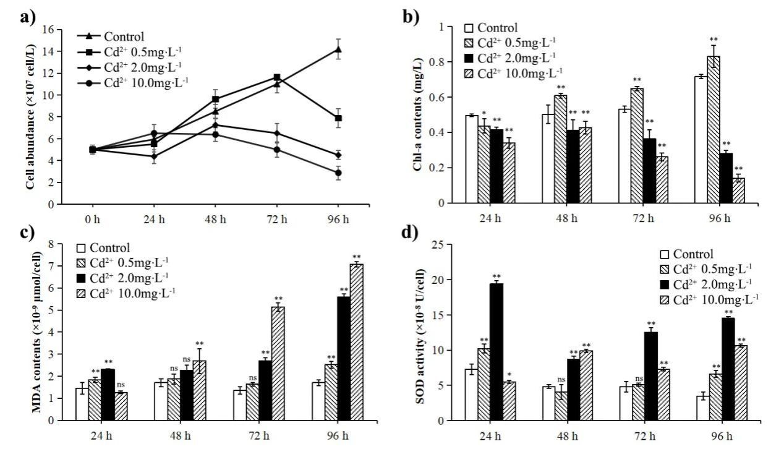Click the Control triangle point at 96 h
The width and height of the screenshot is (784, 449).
point(338,49)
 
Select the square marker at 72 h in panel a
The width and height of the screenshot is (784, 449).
point(277,77)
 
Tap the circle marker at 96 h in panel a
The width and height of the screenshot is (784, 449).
point(338,173)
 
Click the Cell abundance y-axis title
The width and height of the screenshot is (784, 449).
point(29,116)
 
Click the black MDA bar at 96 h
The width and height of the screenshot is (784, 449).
point(343,359)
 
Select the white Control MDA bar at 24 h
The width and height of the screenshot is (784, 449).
point(82,404)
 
